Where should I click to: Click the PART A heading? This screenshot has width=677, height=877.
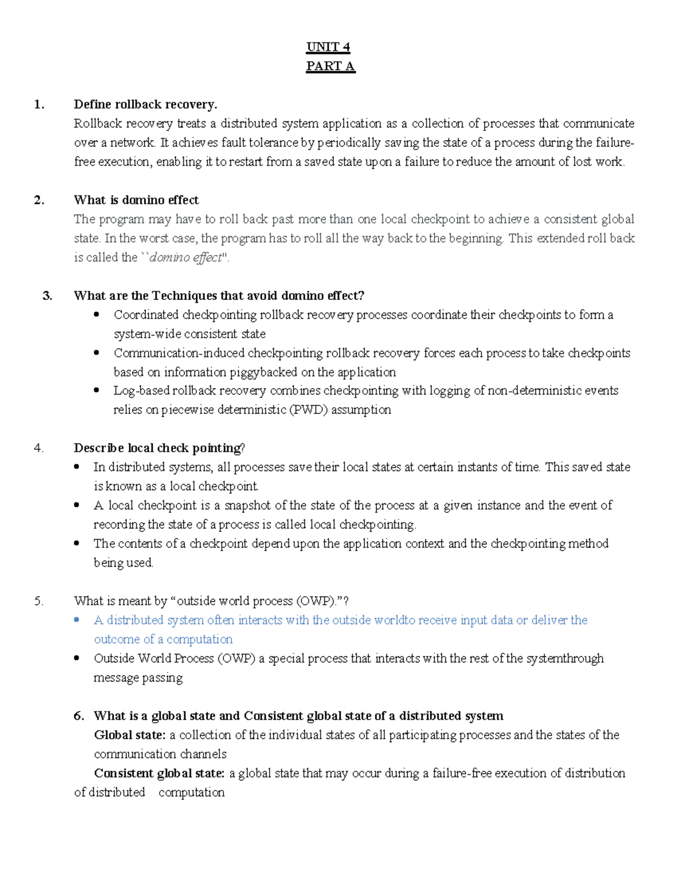click(330, 66)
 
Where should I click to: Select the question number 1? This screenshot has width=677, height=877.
click(39, 104)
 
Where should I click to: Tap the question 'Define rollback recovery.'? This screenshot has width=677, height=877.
click(145, 104)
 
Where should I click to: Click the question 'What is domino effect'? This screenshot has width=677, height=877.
click(136, 200)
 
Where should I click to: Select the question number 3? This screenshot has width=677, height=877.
click(47, 295)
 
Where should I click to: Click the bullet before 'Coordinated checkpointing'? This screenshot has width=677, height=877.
click(96, 315)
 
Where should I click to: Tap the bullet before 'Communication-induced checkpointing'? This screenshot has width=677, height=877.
click(96, 353)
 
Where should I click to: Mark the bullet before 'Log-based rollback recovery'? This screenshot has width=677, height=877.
click(96, 390)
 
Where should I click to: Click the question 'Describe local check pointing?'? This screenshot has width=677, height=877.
click(159, 448)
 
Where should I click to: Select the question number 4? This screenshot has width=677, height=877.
click(38, 448)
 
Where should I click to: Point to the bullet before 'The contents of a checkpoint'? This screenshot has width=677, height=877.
click(77, 543)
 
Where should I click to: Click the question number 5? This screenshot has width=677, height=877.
click(38, 601)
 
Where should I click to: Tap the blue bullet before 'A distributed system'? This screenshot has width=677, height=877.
click(77, 620)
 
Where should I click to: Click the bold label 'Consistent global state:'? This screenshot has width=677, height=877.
click(159, 773)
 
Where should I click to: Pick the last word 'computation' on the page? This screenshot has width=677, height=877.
click(191, 792)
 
